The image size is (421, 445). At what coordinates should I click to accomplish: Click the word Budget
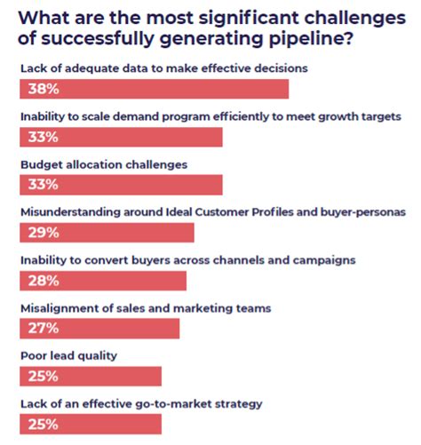pyautogui.click(x=41, y=164)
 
